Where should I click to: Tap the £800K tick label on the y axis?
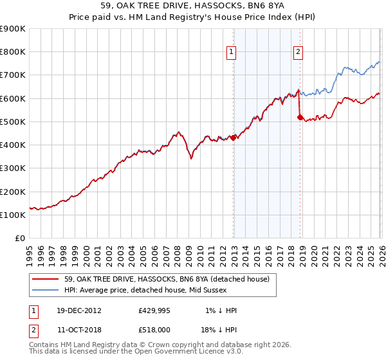13,52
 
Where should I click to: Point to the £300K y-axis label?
13,168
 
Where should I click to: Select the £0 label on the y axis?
20,239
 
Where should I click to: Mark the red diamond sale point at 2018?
300,117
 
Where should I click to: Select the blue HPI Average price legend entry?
160,291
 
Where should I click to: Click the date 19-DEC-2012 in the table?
78,310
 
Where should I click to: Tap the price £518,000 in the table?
154,329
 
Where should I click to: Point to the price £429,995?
154,310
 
